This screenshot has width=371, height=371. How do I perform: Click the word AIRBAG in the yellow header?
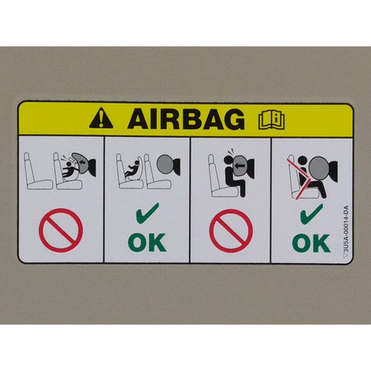coord(186,119)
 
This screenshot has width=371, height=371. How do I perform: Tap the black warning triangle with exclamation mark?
coord(101,118)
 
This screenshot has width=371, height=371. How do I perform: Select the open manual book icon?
coord(271,120)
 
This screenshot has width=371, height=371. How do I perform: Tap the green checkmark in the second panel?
coord(147,213)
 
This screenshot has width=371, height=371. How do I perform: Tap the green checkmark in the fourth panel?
coord(311,214)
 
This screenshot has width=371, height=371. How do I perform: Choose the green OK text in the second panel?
coord(147,242)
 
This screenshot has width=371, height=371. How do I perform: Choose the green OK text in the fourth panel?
coord(311,243)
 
